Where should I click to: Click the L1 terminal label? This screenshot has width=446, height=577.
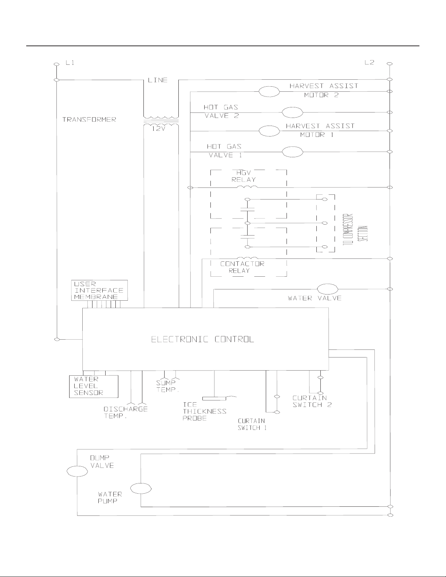pyautogui.click(x=70, y=63)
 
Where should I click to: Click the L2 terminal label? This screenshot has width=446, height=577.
pyautogui.click(x=369, y=62)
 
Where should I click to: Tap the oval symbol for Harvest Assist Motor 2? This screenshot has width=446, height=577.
pyautogui.click(x=269, y=92)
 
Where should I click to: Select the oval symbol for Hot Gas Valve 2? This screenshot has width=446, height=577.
pyautogui.click(x=292, y=112)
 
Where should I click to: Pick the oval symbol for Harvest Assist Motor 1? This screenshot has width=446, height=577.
pyautogui.click(x=269, y=131)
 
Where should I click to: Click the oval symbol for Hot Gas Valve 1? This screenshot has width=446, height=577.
pyautogui.click(x=292, y=152)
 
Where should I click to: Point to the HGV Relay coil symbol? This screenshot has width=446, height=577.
pyautogui.click(x=247, y=187)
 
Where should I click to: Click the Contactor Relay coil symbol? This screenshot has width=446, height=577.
pyautogui.click(x=248, y=258)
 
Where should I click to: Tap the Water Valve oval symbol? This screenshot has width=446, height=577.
pyautogui.click(x=328, y=289)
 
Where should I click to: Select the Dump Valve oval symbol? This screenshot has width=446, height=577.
pyautogui.click(x=77, y=471)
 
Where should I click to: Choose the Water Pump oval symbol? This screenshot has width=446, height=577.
pyautogui.click(x=141, y=489)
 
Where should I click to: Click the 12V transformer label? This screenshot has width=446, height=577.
pyautogui.click(x=158, y=129)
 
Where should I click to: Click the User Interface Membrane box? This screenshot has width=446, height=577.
pyautogui.click(x=99, y=290)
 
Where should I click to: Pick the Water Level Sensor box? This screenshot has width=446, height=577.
pyautogui.click(x=94, y=386)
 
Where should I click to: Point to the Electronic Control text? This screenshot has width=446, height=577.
pyautogui.click(x=202, y=339)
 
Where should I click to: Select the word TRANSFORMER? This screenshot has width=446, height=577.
pyautogui.click(x=89, y=119)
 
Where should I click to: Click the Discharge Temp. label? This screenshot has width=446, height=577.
pyautogui.click(x=126, y=412)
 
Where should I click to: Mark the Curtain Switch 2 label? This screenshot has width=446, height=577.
pyautogui.click(x=312, y=402)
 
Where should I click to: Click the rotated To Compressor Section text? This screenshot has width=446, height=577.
pyautogui.click(x=355, y=230)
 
